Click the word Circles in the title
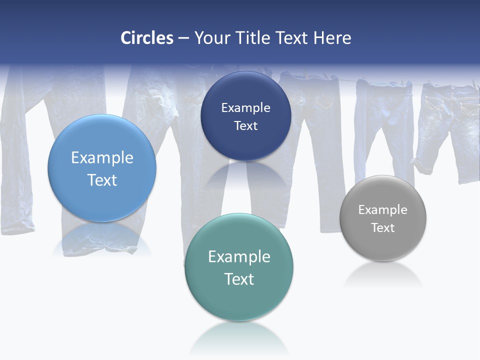pyautogui.click(x=146, y=38)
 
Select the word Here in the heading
pyautogui.click(x=332, y=38)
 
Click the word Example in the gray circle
pyautogui.click(x=382, y=210)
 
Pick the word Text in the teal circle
pyautogui.click(x=239, y=279)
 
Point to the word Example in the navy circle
pyautogui.click(x=245, y=107)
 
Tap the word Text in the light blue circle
pyautogui.click(x=102, y=180)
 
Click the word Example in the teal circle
pyautogui.click(x=239, y=256)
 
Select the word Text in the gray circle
pyautogui.click(x=382, y=228)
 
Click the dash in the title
pyautogui.click(x=183, y=38)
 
